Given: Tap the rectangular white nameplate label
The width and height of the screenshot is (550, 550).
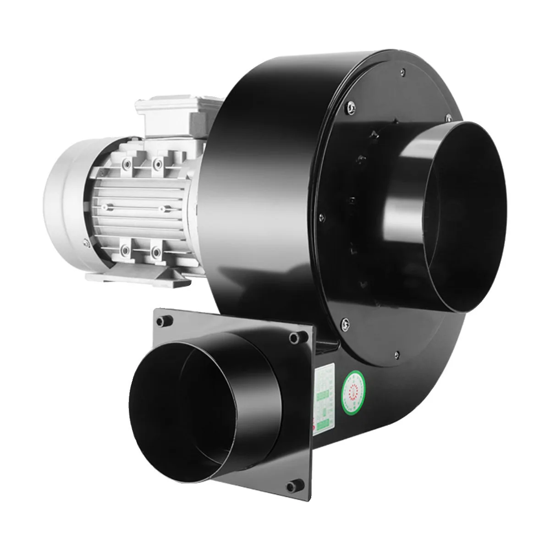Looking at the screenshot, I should (x=327, y=395).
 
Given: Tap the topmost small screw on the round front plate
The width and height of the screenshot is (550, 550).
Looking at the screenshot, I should (x=402, y=71).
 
